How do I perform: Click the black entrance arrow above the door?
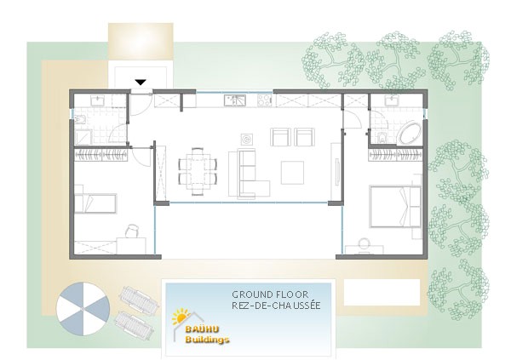click(x=141, y=82)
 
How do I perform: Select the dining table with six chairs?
click(x=198, y=168)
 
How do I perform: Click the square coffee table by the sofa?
click(x=292, y=172)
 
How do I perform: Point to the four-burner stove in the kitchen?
click(x=263, y=100)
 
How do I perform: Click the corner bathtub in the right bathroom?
click(x=410, y=134)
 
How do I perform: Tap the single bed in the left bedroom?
click(x=95, y=203)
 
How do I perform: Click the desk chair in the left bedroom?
click(x=133, y=230)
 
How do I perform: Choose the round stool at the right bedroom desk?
click(x=365, y=244)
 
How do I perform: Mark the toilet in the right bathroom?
click(x=382, y=138)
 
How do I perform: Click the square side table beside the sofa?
click(x=245, y=137)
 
